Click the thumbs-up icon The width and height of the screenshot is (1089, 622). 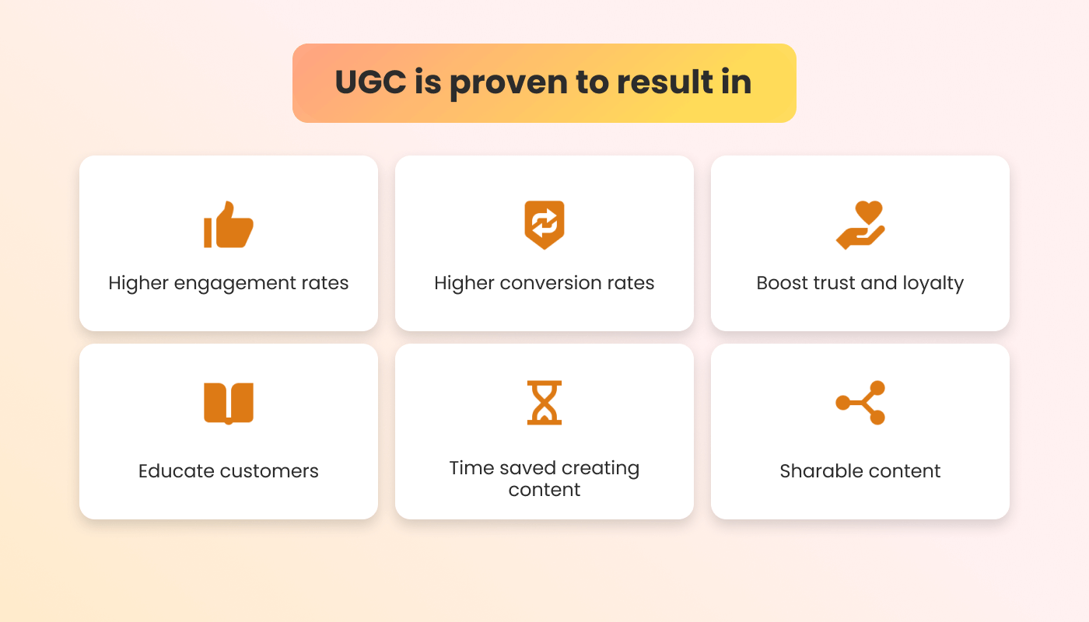coord(229,225)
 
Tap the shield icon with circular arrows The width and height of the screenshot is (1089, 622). coord(544,225)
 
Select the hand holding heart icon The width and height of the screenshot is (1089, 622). coord(860,225)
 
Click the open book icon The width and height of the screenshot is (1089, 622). coord(229,404)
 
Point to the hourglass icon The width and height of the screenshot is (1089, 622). coord(544,403)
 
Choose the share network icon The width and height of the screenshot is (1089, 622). coord(860,403)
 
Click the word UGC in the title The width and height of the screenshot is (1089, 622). coord(370,82)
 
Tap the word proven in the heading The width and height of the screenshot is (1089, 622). coord(509,84)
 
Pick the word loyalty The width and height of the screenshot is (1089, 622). coord(933,283)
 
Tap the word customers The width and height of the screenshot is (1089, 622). coord(269,471)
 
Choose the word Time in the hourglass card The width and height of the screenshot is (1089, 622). coord(471,468)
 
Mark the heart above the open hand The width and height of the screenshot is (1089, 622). coord(869,212)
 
